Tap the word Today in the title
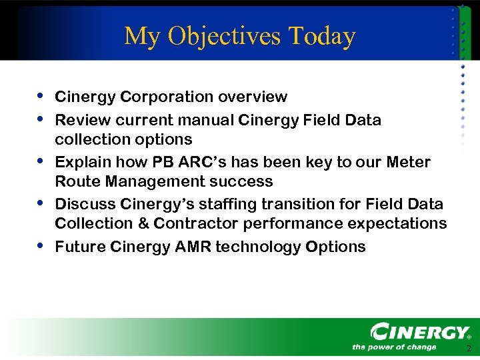(323, 37)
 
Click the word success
(240, 181)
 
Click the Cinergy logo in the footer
(420, 332)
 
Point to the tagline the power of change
(394, 347)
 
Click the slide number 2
(469, 349)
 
